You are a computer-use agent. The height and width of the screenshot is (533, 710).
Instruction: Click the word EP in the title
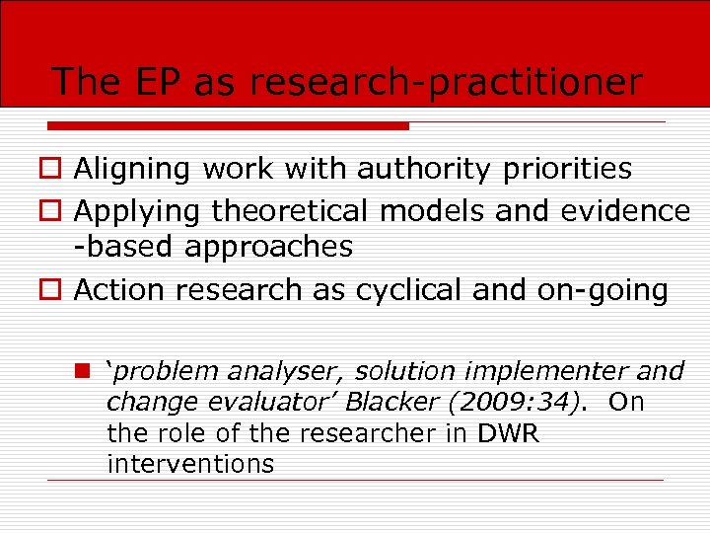coord(157,82)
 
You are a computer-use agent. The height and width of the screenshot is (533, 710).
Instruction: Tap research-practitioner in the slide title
coord(446,83)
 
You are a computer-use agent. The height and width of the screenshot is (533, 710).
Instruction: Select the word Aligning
coord(132,170)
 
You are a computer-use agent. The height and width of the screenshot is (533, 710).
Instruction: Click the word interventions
coord(189,464)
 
